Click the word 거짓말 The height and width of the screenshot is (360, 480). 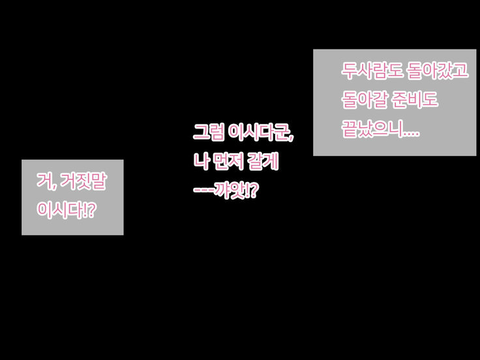click(83, 181)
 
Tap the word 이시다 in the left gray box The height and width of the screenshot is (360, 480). click(59, 210)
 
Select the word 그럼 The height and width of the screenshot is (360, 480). click(209, 132)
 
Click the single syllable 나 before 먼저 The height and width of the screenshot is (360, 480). click(200, 161)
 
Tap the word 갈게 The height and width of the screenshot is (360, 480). click(263, 161)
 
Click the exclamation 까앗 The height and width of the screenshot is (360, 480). click(230, 190)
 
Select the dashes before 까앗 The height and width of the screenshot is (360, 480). click(203, 190)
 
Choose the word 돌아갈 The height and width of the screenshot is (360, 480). click(365, 100)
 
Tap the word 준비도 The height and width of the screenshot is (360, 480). click(415, 100)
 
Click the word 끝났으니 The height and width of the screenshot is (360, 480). click(372, 129)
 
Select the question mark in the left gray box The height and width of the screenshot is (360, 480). click(91, 210)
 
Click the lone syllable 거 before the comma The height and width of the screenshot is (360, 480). click(44, 181)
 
